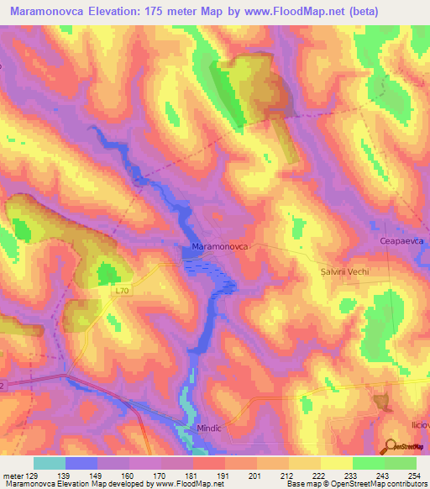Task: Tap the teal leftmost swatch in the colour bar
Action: pyautogui.click(x=49, y=463)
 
